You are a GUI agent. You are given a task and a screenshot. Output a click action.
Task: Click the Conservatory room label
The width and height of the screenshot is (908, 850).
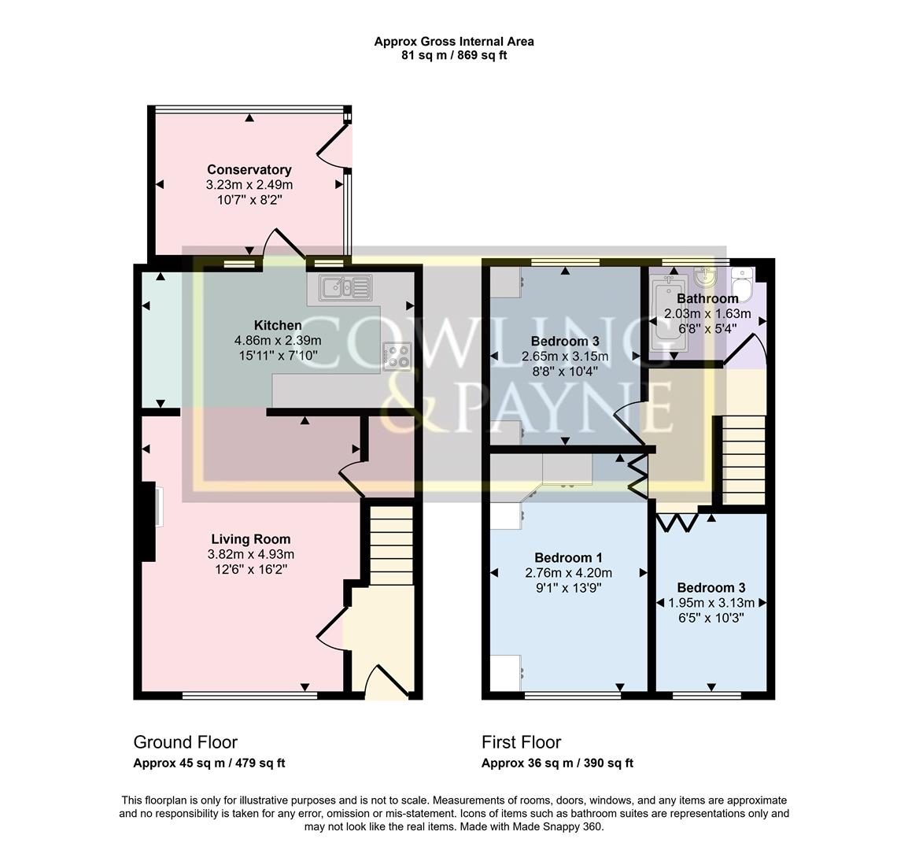(x=249, y=169)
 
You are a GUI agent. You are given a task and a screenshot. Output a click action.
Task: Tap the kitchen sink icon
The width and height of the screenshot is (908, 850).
(x=345, y=287)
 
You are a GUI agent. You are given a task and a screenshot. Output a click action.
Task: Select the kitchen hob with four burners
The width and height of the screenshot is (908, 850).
(x=397, y=357)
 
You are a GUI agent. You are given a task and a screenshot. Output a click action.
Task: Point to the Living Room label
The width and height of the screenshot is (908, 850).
(x=250, y=539)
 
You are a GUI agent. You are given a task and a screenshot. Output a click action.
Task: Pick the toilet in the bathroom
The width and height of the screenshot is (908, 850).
(x=742, y=279)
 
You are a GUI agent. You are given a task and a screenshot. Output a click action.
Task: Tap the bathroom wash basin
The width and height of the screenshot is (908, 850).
(x=705, y=278)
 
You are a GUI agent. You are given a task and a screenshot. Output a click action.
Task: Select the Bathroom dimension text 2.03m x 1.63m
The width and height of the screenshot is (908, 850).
(x=707, y=314)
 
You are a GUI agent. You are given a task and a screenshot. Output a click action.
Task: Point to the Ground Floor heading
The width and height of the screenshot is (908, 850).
(x=185, y=742)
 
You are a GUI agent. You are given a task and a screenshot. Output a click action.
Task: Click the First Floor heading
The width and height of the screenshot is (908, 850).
(x=521, y=742)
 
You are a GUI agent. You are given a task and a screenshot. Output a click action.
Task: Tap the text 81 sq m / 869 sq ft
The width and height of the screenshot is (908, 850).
(x=454, y=55)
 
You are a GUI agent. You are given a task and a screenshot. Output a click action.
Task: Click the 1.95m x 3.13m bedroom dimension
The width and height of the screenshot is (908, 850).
(x=711, y=603)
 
